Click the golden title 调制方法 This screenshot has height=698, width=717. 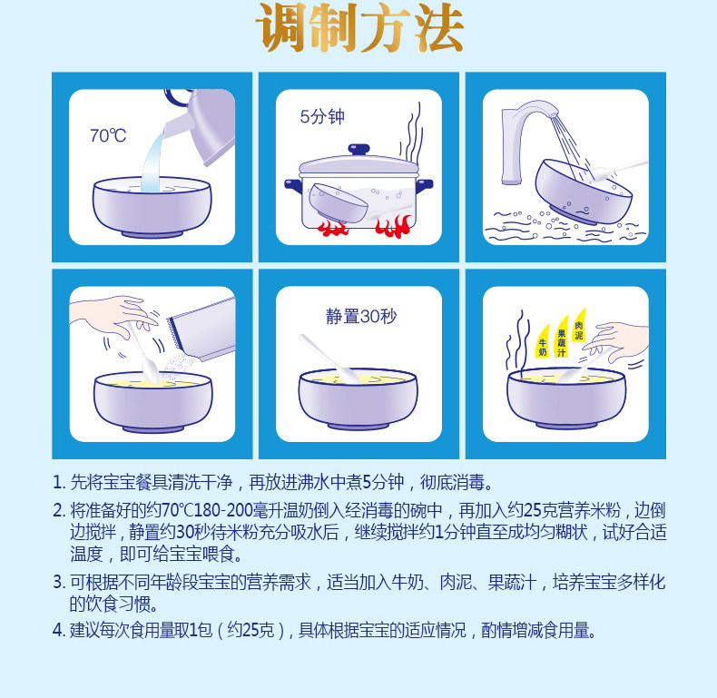click(x=360, y=27)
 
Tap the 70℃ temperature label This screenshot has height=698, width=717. click(x=108, y=136)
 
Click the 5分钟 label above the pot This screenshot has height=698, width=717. click(x=322, y=117)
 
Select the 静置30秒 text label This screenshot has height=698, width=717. click(x=361, y=316)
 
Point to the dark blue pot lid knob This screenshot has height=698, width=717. click(x=359, y=150)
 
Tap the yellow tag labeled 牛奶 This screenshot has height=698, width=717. click(x=543, y=341)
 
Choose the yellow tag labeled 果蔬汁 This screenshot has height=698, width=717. click(x=562, y=337)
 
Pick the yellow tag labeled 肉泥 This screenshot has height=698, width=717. click(x=579, y=326)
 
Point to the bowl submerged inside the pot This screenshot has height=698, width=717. click(x=338, y=203)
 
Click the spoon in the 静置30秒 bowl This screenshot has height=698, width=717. click(x=329, y=359)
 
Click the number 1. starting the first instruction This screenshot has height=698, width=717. click(x=59, y=483)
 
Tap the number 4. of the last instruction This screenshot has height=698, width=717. click(x=59, y=630)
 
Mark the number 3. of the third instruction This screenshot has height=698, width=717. click(x=59, y=583)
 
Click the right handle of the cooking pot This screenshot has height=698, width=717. click(x=425, y=185)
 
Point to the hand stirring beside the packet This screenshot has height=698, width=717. click(x=114, y=316)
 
